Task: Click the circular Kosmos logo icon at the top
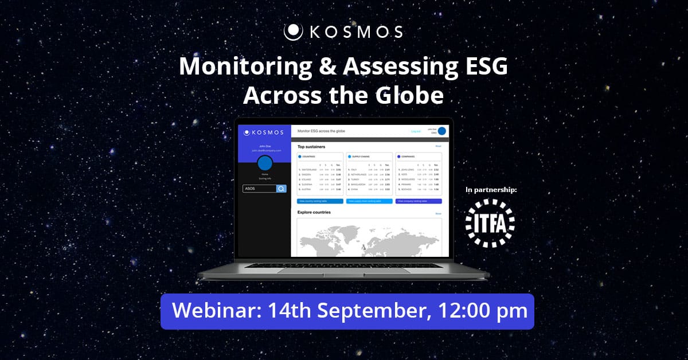pyautogui.click(x=293, y=32)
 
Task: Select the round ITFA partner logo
pyautogui.click(x=490, y=223)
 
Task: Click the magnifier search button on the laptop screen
pyautogui.click(x=281, y=189)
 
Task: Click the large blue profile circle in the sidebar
pyautogui.click(x=264, y=162)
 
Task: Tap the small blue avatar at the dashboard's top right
pyautogui.click(x=441, y=131)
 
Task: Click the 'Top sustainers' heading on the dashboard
pyautogui.click(x=311, y=147)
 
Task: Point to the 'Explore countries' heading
pyautogui.click(x=314, y=213)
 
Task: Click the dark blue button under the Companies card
pyautogui.click(x=419, y=201)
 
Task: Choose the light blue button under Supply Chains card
pyautogui.click(x=369, y=201)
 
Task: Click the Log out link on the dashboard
pyautogui.click(x=416, y=131)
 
